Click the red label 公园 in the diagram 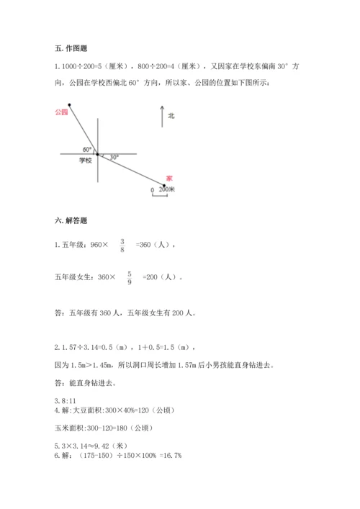coord(60,112)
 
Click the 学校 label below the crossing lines coord(86,161)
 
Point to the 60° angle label coord(87,149)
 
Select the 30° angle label coord(113,156)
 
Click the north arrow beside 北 coord(162,116)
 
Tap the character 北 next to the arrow coord(171,115)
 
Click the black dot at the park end coord(70,105)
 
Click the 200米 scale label coord(167,189)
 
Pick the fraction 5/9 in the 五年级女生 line coord(130,277)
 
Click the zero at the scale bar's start coord(152,190)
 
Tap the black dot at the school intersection coord(98,153)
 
